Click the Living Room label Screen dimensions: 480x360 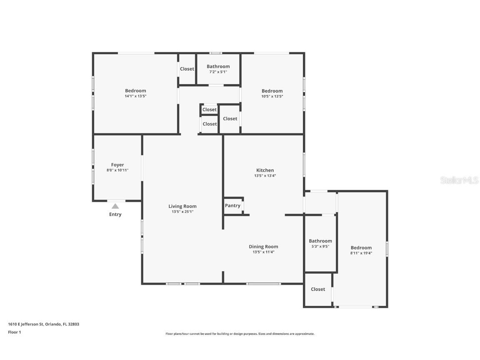pyautogui.click(x=182, y=206)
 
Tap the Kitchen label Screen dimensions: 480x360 pyautogui.click(x=265, y=170)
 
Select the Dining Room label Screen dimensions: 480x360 pyautogui.click(x=263, y=247)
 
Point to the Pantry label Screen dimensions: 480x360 pyautogui.click(x=232, y=206)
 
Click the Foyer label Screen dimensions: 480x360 pyautogui.click(x=117, y=165)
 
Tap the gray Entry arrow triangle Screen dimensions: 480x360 pyautogui.click(x=115, y=206)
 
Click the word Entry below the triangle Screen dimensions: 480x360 pyautogui.click(x=115, y=214)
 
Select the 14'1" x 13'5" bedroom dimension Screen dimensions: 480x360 pyautogui.click(x=135, y=96)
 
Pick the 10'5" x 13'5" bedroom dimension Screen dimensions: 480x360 pyautogui.click(x=272, y=96)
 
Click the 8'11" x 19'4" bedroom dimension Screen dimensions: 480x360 pyautogui.click(x=361, y=253)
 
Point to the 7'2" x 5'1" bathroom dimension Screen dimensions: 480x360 pyautogui.click(x=218, y=72)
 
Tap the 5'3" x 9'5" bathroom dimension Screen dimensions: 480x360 pyautogui.click(x=320, y=246)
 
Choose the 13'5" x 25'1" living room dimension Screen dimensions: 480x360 pyautogui.click(x=182, y=212)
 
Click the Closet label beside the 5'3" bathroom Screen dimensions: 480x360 pyautogui.click(x=318, y=289)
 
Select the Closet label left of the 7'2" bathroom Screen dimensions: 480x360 pyautogui.click(x=187, y=69)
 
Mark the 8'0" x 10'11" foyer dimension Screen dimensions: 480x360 pyautogui.click(x=117, y=170)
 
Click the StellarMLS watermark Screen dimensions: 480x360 pyautogui.click(x=459, y=180)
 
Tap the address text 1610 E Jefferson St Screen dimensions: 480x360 pyautogui.click(x=26, y=324)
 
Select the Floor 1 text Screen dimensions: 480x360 pyautogui.click(x=15, y=332)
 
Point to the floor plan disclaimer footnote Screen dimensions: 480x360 pyautogui.click(x=240, y=334)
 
